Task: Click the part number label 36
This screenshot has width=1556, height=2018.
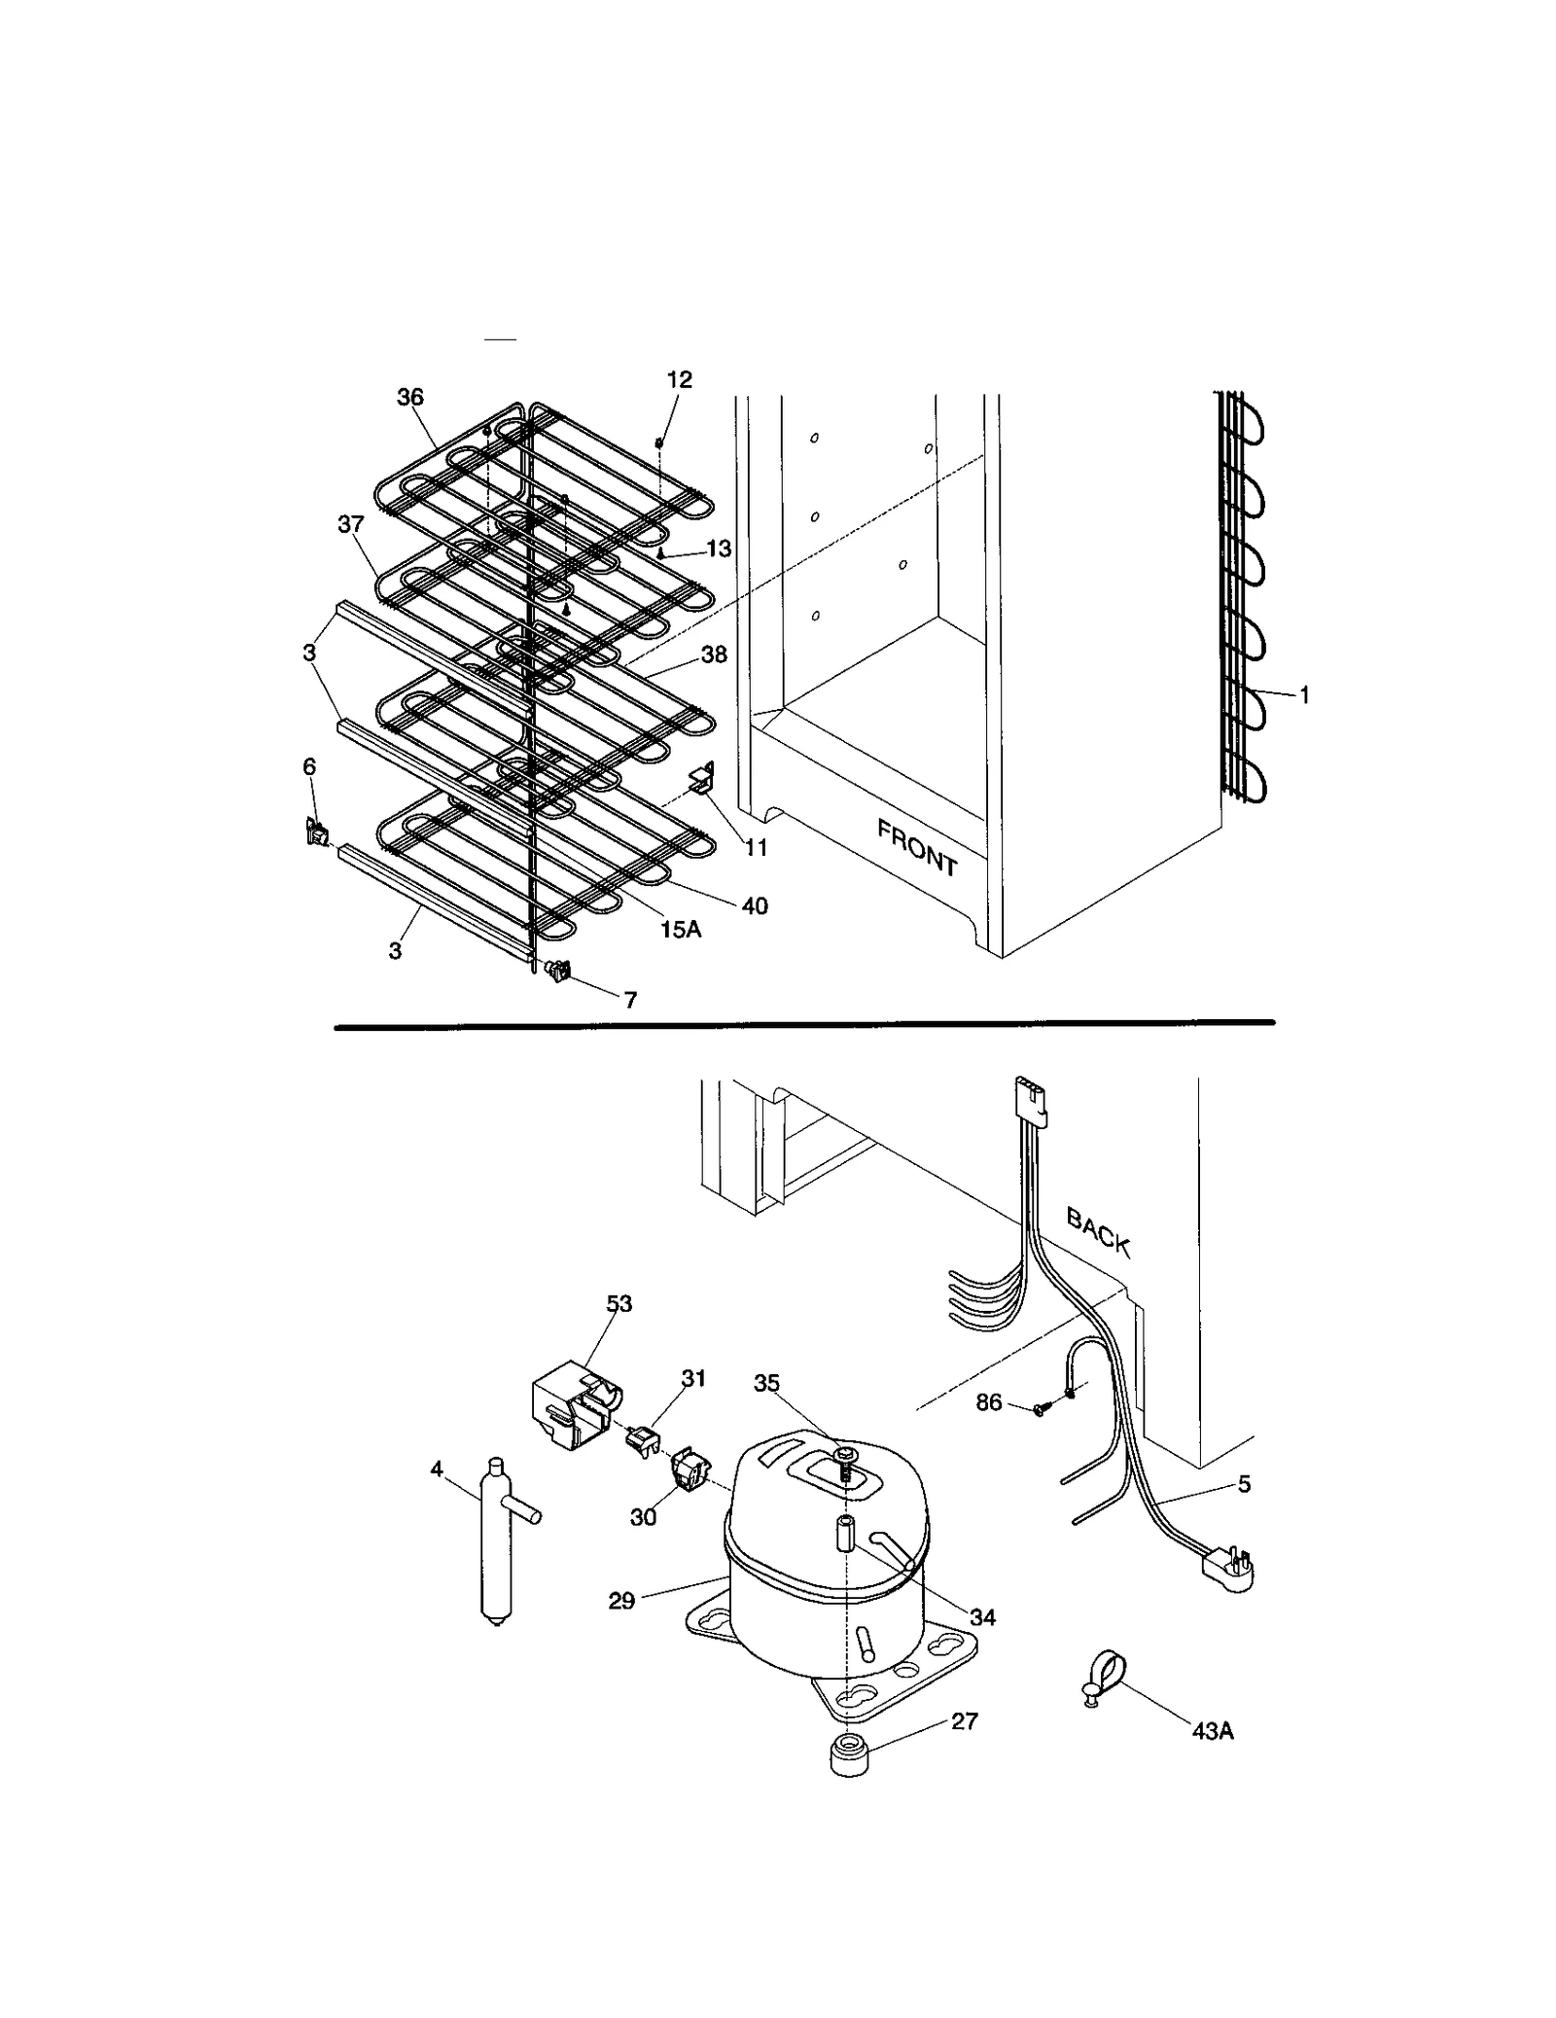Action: pos(410,397)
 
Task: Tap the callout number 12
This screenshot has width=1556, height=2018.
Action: pos(679,380)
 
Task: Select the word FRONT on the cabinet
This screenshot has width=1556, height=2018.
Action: pos(917,847)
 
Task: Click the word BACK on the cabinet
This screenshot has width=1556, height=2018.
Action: pos(1098,1231)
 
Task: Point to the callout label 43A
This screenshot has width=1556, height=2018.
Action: pos(1213,1731)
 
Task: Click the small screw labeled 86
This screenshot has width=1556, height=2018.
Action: pos(1039,1409)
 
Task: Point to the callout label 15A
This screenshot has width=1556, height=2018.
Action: pos(680,929)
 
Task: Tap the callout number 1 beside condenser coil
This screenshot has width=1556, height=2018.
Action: pos(1304,695)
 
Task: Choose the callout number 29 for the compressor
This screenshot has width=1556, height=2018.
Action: pos(621,1600)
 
